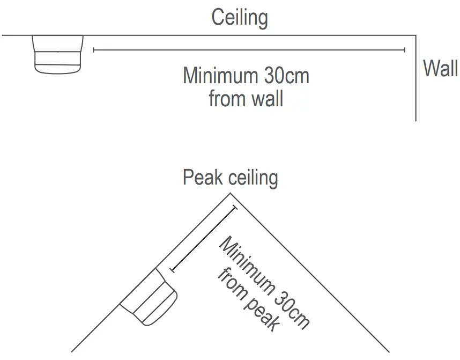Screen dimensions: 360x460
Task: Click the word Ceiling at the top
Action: point(240,18)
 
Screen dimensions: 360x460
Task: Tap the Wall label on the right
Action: point(440,69)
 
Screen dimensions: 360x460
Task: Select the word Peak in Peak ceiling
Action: point(203,178)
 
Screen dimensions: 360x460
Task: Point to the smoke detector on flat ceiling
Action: point(58,54)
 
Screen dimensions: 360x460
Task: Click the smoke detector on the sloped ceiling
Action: point(149,297)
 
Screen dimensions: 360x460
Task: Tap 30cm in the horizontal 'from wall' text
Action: point(286,76)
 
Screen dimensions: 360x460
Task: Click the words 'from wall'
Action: point(246,99)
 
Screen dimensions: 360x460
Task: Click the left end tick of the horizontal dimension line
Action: point(94,50)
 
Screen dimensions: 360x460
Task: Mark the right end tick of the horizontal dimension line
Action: point(404,50)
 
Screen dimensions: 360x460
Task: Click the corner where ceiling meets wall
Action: point(416,35)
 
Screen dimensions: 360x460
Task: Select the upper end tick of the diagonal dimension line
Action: point(234,208)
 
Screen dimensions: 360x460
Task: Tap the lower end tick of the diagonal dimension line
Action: point(170,270)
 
